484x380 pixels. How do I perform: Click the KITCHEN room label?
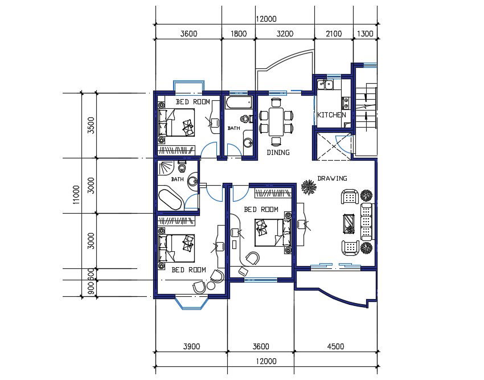[x=331, y=115]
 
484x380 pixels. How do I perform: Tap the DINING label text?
[x=278, y=153]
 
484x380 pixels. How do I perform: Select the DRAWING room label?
[x=332, y=178]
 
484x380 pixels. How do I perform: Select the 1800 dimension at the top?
[x=239, y=34]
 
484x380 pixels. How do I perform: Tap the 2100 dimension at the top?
[x=334, y=34]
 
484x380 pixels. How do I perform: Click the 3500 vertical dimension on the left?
[x=90, y=124]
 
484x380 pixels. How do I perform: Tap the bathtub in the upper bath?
[x=238, y=103]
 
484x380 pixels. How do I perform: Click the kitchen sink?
[x=325, y=85]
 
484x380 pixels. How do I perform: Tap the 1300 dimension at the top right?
[x=365, y=34]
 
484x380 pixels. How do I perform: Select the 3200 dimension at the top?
[x=284, y=34]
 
